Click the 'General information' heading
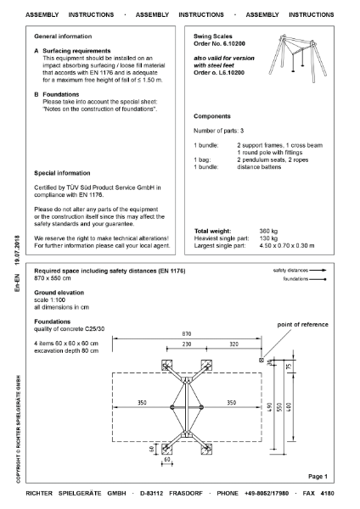click(64, 37)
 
